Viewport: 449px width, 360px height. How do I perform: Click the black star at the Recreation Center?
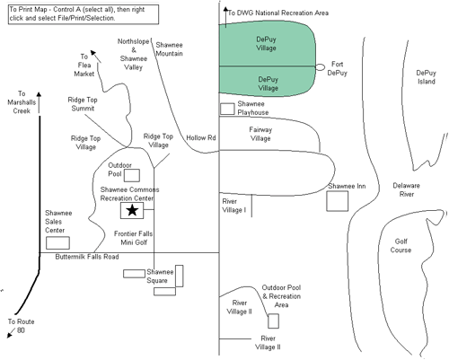click(x=132, y=210)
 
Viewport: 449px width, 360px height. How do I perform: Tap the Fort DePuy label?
click(x=337, y=68)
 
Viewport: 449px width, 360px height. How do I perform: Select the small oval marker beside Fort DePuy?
click(x=320, y=67)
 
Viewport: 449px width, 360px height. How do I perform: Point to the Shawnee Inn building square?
click(x=338, y=201)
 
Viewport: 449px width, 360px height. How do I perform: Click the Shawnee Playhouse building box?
click(x=227, y=109)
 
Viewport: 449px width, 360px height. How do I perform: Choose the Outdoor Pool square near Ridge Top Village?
click(x=132, y=175)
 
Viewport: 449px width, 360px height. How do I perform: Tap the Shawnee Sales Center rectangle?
click(x=57, y=242)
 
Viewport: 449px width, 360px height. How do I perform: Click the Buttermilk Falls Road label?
click(x=87, y=257)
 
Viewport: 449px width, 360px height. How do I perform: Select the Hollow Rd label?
click(x=201, y=137)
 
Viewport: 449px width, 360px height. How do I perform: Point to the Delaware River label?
click(x=407, y=189)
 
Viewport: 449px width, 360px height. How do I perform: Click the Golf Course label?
click(x=401, y=245)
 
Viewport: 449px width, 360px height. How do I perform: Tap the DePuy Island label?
click(x=427, y=77)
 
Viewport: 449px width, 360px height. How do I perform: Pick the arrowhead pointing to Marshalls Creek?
click(x=39, y=94)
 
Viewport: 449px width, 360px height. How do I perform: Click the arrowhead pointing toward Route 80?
click(x=10, y=335)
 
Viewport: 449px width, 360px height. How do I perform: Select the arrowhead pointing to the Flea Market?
click(x=93, y=53)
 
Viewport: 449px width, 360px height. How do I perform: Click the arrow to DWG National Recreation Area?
click(x=225, y=18)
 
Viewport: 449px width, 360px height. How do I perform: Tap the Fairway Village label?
click(x=260, y=134)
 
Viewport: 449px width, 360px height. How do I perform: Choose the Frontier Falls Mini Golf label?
click(x=134, y=238)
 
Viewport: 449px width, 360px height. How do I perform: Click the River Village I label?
click(x=234, y=206)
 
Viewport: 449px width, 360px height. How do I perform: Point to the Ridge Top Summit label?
click(x=83, y=104)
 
